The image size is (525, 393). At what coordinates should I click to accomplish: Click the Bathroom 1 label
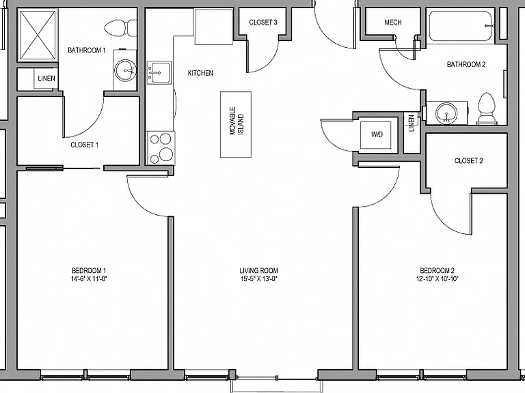[87, 50]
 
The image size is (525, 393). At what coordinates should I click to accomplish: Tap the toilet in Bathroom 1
[120, 28]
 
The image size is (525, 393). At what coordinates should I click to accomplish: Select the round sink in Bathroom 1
[125, 70]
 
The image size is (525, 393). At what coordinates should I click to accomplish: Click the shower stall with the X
[38, 34]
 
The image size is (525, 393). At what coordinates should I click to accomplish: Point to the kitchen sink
[159, 72]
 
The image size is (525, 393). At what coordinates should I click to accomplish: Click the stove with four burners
[161, 147]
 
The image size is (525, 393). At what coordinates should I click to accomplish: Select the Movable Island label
[237, 121]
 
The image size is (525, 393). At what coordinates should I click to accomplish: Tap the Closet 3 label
[263, 23]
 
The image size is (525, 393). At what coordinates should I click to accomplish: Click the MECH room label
[393, 23]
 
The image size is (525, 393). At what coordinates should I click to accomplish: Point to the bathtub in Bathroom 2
[461, 26]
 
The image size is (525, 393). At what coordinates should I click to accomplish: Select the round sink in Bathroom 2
[446, 112]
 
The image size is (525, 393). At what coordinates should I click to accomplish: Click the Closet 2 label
[468, 161]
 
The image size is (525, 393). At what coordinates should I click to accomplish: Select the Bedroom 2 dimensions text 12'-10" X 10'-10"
[437, 278]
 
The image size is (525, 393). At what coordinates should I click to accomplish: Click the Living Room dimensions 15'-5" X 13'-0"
[259, 278]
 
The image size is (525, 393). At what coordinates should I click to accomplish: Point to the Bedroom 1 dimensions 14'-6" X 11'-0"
[89, 278]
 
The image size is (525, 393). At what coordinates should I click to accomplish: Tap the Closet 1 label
[84, 145]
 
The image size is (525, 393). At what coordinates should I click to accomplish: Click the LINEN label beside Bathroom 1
[46, 78]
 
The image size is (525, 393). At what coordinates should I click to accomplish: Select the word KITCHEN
[200, 73]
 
